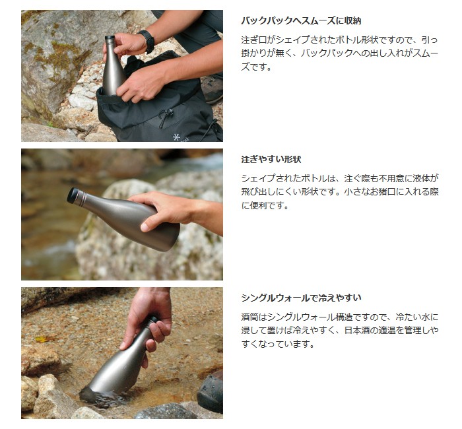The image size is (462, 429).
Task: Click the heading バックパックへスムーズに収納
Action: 301,21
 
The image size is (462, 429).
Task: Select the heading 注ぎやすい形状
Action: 271,160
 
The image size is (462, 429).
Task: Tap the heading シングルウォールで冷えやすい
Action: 301,298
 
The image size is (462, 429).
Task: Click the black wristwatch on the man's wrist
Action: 148,41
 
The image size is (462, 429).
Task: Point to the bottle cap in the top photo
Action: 110,39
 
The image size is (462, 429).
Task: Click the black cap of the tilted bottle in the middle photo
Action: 73,196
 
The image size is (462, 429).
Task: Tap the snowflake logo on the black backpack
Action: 176,137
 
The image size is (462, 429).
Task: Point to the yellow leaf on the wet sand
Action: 43,339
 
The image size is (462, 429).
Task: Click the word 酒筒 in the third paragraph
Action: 249,317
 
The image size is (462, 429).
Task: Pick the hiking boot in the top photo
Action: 212,88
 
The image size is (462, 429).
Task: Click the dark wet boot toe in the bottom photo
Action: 211,393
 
